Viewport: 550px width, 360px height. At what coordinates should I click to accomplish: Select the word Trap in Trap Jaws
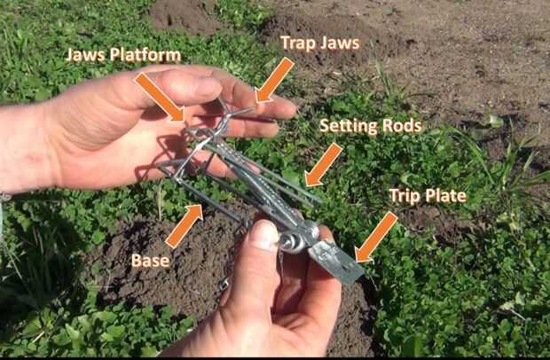(x=298, y=43)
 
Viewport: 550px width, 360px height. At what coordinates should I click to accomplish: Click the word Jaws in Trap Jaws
(x=340, y=43)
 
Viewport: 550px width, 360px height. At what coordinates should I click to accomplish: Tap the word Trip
(x=405, y=196)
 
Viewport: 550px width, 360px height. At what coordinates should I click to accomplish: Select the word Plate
(x=445, y=196)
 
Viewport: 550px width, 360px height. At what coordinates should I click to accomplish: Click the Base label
(x=151, y=261)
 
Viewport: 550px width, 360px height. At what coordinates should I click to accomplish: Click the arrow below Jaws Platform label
(x=160, y=97)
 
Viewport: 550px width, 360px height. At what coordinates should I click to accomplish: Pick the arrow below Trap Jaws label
(x=274, y=81)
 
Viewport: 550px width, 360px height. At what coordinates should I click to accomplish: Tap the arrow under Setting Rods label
(x=324, y=164)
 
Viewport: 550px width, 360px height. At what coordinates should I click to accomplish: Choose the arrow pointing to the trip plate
(x=376, y=238)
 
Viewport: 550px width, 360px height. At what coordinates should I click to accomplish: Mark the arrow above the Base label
(x=185, y=226)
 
